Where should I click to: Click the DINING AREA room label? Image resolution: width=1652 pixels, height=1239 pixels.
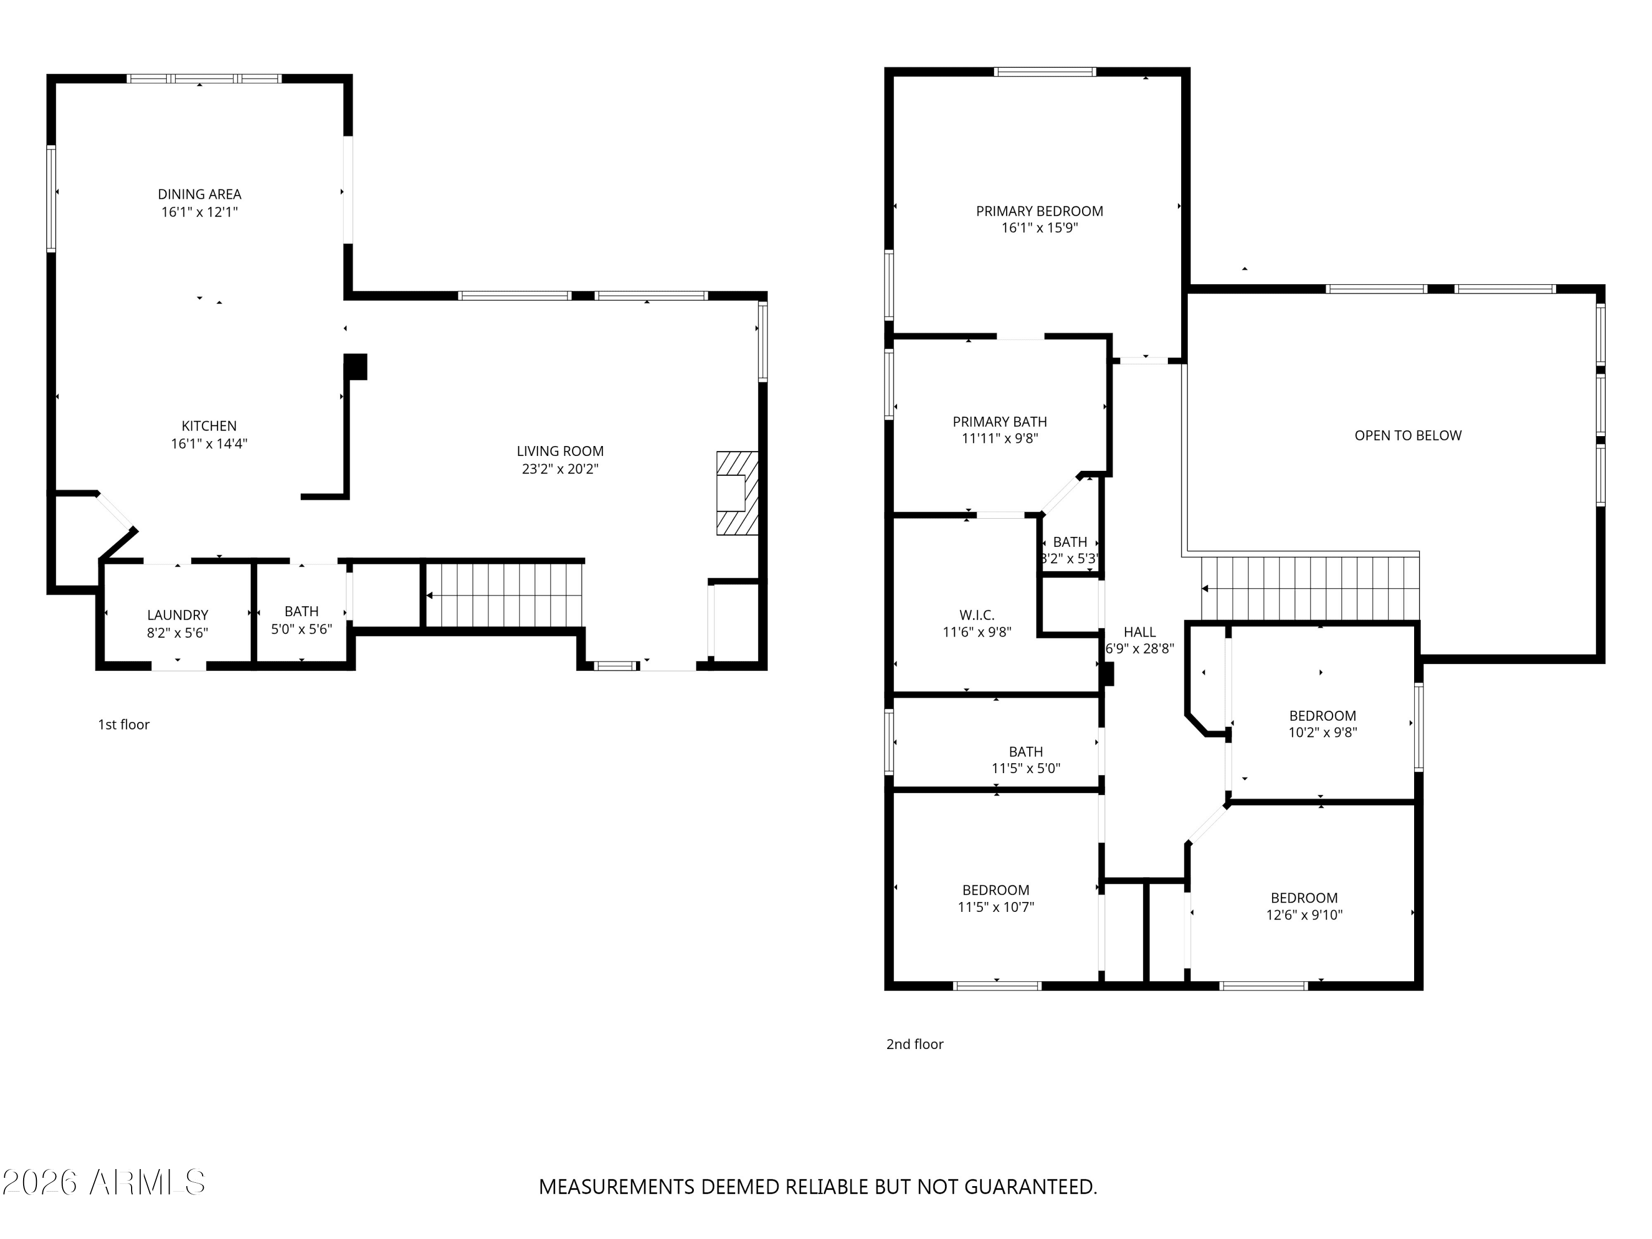tap(199, 194)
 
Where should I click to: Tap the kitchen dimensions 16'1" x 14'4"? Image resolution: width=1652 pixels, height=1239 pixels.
tap(209, 444)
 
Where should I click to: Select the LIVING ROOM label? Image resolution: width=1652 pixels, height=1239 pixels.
tap(560, 451)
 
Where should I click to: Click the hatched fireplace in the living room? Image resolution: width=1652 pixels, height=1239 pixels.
tap(737, 493)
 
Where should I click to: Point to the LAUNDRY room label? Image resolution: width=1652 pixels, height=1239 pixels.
tap(178, 616)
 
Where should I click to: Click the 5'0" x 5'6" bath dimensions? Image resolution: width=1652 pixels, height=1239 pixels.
tap(302, 629)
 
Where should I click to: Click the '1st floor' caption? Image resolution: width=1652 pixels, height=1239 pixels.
tap(124, 725)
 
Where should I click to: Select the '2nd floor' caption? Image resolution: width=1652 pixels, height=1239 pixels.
tap(915, 1044)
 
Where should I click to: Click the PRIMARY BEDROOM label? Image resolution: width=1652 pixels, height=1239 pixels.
tap(1040, 211)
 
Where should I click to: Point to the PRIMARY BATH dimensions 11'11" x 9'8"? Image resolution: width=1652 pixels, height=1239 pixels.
tap(1000, 439)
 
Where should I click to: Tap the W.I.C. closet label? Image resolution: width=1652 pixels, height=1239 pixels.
tap(977, 616)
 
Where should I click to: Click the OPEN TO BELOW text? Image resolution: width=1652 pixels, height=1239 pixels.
tap(1408, 436)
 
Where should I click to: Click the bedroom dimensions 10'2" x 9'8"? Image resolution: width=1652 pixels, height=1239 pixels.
tap(1323, 732)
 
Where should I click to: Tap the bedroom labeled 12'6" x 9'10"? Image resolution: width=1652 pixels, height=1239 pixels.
tap(1304, 906)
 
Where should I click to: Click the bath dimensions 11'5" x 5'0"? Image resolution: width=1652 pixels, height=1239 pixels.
tap(1025, 769)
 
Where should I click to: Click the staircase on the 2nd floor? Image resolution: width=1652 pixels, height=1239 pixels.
tap(1311, 589)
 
